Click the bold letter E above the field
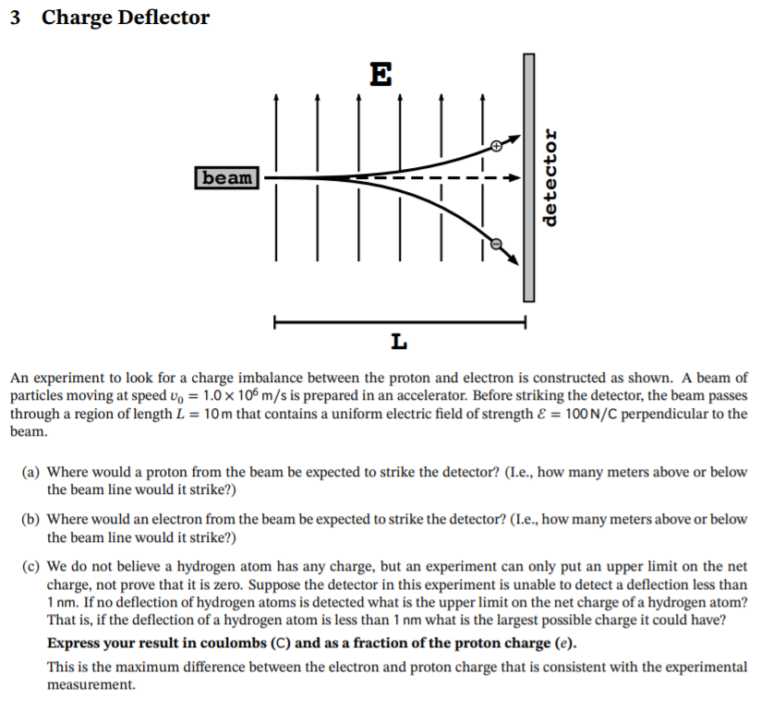[x=380, y=73]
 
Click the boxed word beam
[x=226, y=176]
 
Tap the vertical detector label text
[x=551, y=176]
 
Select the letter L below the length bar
[x=398, y=343]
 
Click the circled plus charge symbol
[x=497, y=145]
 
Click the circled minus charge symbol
[x=496, y=244]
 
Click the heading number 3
[x=17, y=18]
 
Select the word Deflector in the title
[x=164, y=18]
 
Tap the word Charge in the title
[x=78, y=18]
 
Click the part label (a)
[x=30, y=472]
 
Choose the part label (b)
[x=30, y=520]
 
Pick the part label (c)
[x=30, y=567]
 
